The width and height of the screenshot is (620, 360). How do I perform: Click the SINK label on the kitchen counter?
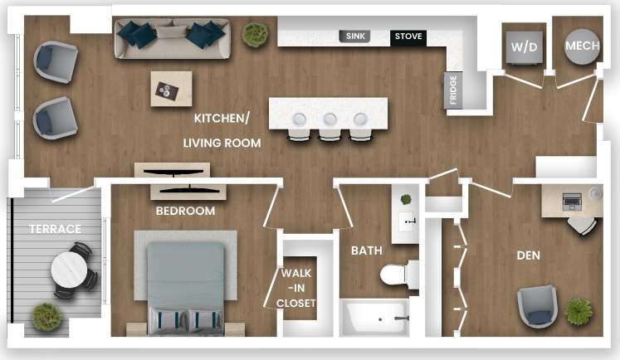pos(354,36)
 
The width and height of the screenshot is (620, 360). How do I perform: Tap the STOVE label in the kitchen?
pos(408,36)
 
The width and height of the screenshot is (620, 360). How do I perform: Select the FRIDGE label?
pos(453,90)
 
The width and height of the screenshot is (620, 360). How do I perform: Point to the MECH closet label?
pos(582,46)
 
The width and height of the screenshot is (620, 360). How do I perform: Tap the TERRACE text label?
pos(56,229)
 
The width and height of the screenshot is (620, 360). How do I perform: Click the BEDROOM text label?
pos(185,212)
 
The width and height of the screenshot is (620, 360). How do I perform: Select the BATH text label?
pos(365,250)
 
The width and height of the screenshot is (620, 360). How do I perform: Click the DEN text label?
pos(528,255)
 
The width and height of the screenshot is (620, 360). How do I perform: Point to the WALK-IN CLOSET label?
pos(297,288)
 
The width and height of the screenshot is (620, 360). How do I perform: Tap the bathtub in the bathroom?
pos(378,317)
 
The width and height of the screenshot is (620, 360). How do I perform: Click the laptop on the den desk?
pos(572,200)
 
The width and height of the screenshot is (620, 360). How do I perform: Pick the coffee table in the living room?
pos(171,89)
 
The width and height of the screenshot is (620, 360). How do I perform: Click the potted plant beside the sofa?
pos(254,35)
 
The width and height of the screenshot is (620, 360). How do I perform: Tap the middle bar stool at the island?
pos(330,124)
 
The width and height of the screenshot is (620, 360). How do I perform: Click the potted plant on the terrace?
pos(46,316)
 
